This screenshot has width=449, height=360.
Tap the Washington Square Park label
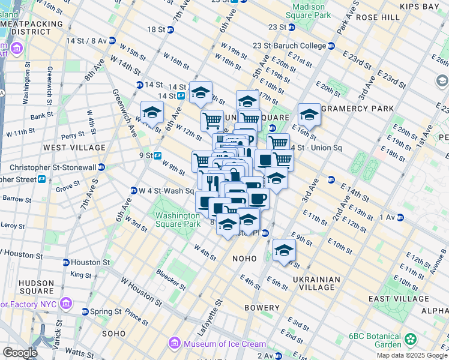pyautogui.click(x=178, y=220)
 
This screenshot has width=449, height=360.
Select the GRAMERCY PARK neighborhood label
pyautogui.click(x=356, y=109)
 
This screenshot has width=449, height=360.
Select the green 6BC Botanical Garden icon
pyautogui.click(x=411, y=340)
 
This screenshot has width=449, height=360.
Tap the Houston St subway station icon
pyautogui.click(x=66, y=262)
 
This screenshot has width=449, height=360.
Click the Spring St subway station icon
pyautogui.click(x=85, y=312)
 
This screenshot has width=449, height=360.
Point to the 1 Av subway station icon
pyautogui.click(x=399, y=217)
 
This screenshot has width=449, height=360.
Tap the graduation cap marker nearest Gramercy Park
pyautogui.click(x=309, y=113)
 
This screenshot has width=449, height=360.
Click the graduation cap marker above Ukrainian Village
pyautogui.click(x=284, y=250)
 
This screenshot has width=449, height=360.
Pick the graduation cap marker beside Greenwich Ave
pyautogui.click(x=152, y=112)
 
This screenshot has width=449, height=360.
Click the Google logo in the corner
pyautogui.click(x=19, y=353)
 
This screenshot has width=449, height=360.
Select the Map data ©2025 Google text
pyautogui.click(x=412, y=355)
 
